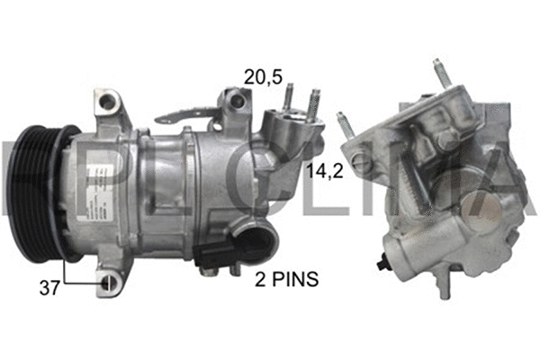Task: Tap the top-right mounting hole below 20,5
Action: click(232, 96)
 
